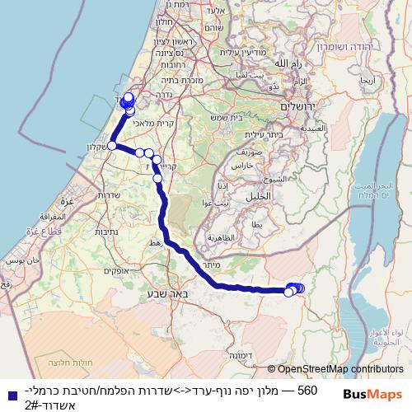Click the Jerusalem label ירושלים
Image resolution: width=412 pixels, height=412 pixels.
pyautogui.click(x=295, y=108)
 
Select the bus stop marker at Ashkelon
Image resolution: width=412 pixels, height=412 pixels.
pyautogui.click(x=111, y=146)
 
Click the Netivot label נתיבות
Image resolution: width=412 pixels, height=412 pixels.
pyautogui.click(x=106, y=232)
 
